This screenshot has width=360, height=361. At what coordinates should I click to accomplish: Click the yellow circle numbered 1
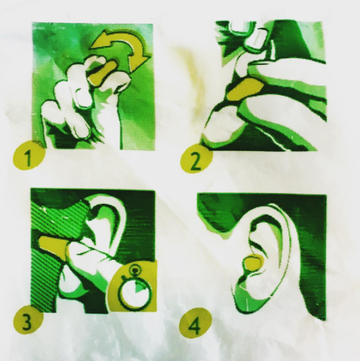pos(28,156)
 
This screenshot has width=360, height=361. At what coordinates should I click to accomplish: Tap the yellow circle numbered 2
pos(195,159)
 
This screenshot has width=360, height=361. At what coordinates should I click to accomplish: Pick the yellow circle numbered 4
pos(195,323)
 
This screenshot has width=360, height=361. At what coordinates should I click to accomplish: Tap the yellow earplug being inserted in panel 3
pos(53,246)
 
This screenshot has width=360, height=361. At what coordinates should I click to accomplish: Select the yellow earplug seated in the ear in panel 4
pos(253,263)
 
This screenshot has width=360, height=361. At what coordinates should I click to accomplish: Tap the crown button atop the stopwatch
pos(135,270)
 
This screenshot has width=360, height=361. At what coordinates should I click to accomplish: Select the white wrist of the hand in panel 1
pos(110,129)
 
